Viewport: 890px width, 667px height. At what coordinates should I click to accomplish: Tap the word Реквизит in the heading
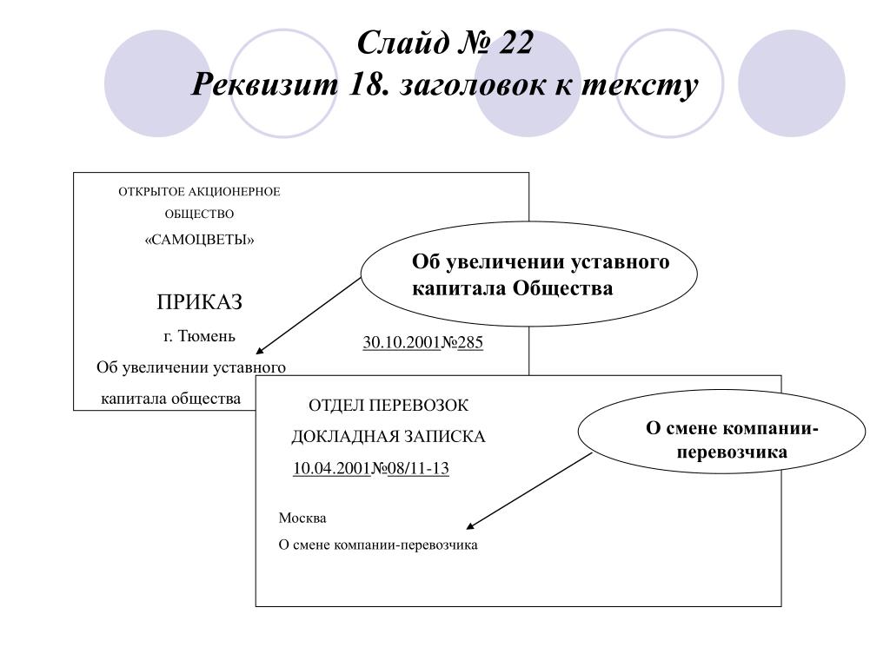click(264, 85)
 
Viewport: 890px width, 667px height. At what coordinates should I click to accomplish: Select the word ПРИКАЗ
click(199, 301)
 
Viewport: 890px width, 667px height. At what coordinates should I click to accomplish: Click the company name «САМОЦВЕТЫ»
click(199, 240)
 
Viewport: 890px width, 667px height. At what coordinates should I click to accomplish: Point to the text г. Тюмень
click(199, 336)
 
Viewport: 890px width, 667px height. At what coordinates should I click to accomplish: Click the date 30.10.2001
click(402, 342)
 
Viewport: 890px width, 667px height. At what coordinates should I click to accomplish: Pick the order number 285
click(470, 342)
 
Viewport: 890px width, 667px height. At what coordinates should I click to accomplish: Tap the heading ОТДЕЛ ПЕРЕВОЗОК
click(389, 405)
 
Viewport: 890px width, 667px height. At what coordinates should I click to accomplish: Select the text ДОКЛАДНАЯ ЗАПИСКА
click(389, 436)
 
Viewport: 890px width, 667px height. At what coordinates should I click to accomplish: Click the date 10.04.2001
click(331, 468)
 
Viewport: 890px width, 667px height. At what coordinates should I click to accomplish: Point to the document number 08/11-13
click(418, 468)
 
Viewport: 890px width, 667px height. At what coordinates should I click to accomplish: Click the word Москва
click(302, 518)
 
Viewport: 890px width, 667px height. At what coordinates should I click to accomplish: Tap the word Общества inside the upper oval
click(562, 288)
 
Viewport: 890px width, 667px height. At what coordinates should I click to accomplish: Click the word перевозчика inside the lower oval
click(732, 452)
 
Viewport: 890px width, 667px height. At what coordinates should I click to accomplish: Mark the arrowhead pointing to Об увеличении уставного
click(259, 352)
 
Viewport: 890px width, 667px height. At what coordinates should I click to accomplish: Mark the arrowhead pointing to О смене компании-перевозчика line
click(470, 525)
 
